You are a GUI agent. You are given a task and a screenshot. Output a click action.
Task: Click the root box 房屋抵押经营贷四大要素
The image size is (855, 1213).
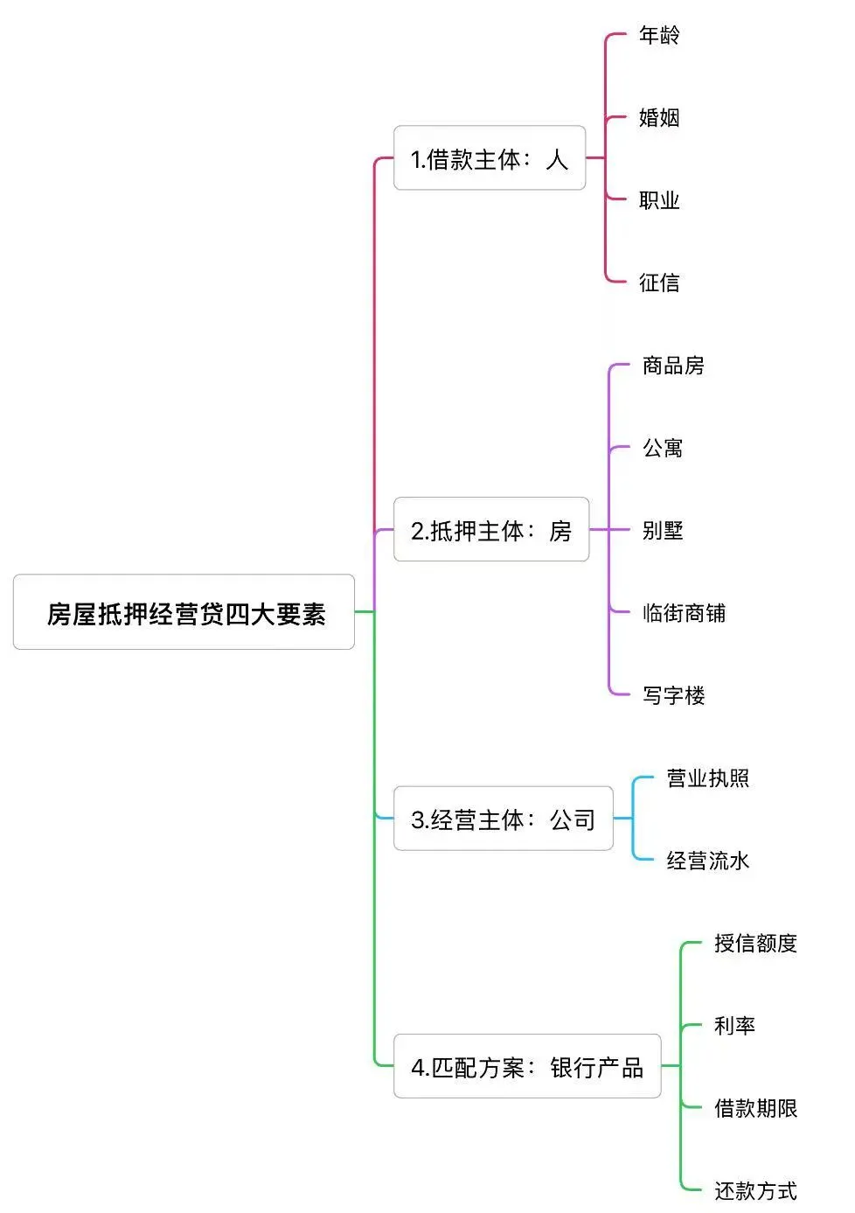click(x=184, y=612)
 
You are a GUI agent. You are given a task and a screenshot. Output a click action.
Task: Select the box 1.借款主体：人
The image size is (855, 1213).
click(x=490, y=158)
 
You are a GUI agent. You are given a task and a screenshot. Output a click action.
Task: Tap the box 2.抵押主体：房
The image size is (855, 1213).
click(x=491, y=530)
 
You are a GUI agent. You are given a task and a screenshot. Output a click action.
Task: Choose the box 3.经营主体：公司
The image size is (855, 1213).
click(x=504, y=819)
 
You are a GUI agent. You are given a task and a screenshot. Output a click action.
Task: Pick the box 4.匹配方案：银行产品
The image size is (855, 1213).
click(x=527, y=1066)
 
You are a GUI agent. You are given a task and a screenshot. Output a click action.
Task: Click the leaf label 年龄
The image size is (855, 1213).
click(x=659, y=36)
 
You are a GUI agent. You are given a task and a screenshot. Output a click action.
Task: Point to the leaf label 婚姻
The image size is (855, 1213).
click(x=659, y=118)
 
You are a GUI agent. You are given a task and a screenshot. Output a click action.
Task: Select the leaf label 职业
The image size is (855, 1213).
click(x=659, y=200)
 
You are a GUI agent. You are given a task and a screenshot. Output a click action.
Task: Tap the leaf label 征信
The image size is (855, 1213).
click(x=659, y=282)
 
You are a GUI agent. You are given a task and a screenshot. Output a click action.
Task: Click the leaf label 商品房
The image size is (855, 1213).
click(x=673, y=366)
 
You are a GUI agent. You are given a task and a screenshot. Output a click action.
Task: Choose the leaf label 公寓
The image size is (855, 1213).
click(x=663, y=448)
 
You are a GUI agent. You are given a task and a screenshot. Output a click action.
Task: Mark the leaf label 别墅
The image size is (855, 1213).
click(x=663, y=530)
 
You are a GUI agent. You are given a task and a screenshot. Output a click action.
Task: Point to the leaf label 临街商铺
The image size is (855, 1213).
click(x=684, y=613)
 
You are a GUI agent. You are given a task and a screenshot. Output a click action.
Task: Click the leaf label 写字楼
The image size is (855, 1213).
click(x=673, y=695)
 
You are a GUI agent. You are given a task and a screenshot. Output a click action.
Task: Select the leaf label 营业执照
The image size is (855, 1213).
click(x=708, y=778)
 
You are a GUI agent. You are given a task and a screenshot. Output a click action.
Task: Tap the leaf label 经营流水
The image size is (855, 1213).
click(x=708, y=861)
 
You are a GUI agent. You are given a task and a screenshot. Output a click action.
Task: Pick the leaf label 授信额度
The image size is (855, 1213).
click(x=755, y=943)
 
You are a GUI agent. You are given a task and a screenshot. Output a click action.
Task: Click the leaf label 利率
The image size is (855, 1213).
click(x=734, y=1025)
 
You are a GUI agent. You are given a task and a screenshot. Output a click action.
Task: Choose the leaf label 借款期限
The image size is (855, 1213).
click(x=755, y=1108)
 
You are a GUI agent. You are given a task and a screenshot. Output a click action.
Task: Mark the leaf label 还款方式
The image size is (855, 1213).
click(x=755, y=1190)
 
